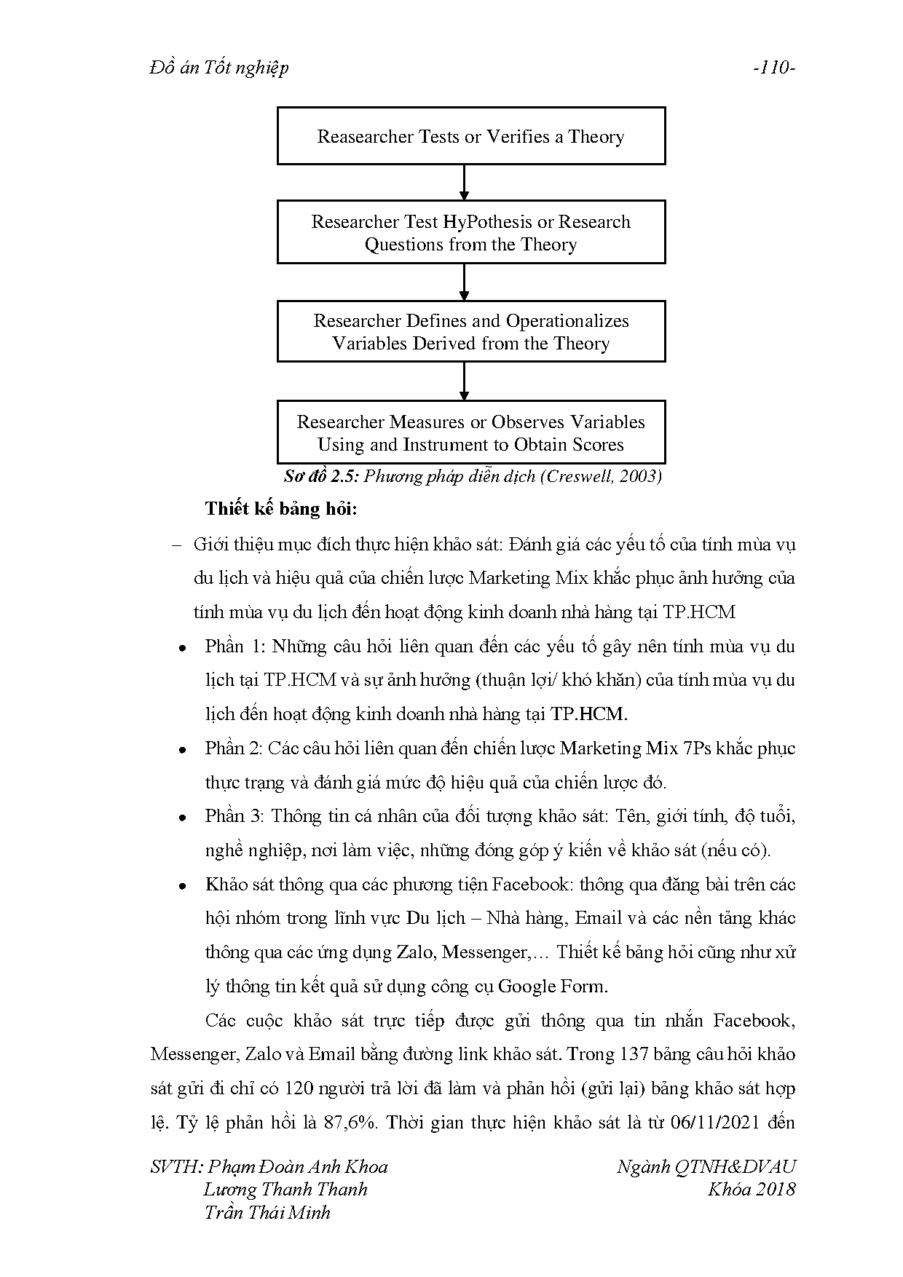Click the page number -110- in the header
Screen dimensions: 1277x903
(774, 68)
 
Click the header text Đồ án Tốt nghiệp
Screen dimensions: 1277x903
(218, 68)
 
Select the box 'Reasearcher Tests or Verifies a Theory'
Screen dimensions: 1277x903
(470, 136)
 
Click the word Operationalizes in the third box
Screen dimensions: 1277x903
(567, 321)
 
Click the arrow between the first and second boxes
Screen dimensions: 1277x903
(464, 182)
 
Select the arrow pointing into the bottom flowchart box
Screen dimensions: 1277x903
(464, 381)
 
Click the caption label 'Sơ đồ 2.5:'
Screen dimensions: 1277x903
(320, 477)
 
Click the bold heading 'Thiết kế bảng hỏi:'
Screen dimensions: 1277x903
(281, 509)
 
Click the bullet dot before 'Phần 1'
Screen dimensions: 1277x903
(184, 647)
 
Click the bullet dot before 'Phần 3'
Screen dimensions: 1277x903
(184, 818)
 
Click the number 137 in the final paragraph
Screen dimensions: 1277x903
(629, 1054)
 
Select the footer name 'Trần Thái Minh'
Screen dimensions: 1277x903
(267, 1212)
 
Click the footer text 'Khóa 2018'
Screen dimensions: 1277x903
(751, 1190)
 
